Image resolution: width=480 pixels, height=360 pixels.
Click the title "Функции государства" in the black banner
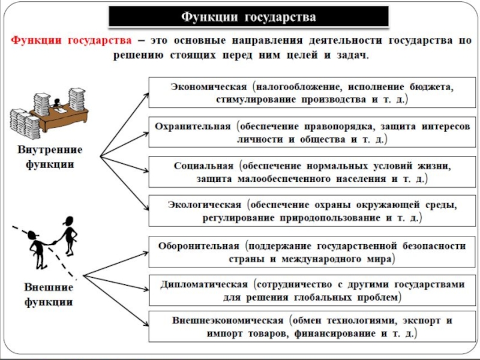click(x=248, y=16)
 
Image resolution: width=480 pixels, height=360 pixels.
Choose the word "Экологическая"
click(x=202, y=205)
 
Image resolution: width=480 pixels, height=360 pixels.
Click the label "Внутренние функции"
click(x=46, y=157)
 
